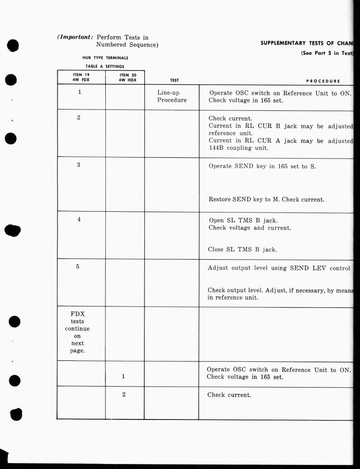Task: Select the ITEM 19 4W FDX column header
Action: coord(81,77)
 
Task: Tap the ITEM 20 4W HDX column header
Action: coord(125,77)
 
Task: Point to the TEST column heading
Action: coord(174,81)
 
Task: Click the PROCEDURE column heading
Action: coord(323,81)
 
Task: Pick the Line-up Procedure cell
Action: coord(172,96)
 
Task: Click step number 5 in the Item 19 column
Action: coord(78,267)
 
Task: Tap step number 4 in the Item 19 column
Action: coord(79,219)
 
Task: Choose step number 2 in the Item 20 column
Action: coord(124,394)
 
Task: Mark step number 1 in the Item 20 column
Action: coord(123,376)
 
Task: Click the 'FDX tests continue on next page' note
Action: coord(77,333)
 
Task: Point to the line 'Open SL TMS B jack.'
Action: coord(243,220)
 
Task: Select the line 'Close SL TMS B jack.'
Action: coord(242,250)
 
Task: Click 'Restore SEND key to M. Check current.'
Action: coord(266,200)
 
